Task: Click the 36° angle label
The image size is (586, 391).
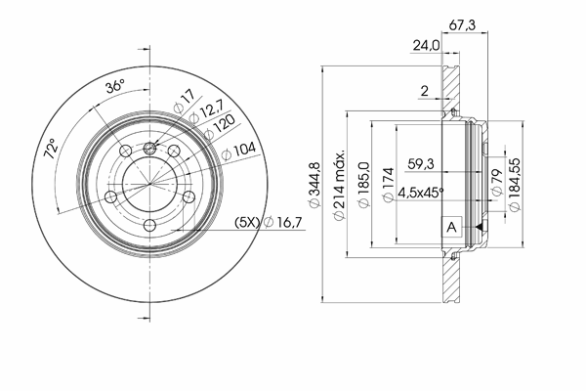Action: click(114, 86)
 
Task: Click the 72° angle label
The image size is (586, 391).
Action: click(51, 149)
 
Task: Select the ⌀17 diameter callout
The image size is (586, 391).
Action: click(185, 101)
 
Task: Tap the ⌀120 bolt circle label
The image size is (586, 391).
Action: click(220, 126)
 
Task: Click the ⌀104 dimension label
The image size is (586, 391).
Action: click(238, 151)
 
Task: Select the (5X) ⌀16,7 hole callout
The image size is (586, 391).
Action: click(268, 222)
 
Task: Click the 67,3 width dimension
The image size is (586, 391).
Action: click(462, 25)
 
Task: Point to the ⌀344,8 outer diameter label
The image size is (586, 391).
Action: click(314, 184)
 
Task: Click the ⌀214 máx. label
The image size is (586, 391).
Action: click(339, 186)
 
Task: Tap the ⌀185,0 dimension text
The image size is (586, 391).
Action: click(363, 184)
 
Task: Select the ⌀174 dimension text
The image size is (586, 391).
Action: click(389, 185)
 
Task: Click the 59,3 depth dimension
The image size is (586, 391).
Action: click(420, 164)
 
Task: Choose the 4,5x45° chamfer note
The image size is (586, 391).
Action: click(421, 193)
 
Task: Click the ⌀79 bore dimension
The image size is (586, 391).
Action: click(496, 182)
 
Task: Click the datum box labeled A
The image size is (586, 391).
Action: click(452, 227)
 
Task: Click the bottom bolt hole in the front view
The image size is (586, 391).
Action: click(149, 225)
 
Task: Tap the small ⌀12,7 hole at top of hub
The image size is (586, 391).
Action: click(149, 149)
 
